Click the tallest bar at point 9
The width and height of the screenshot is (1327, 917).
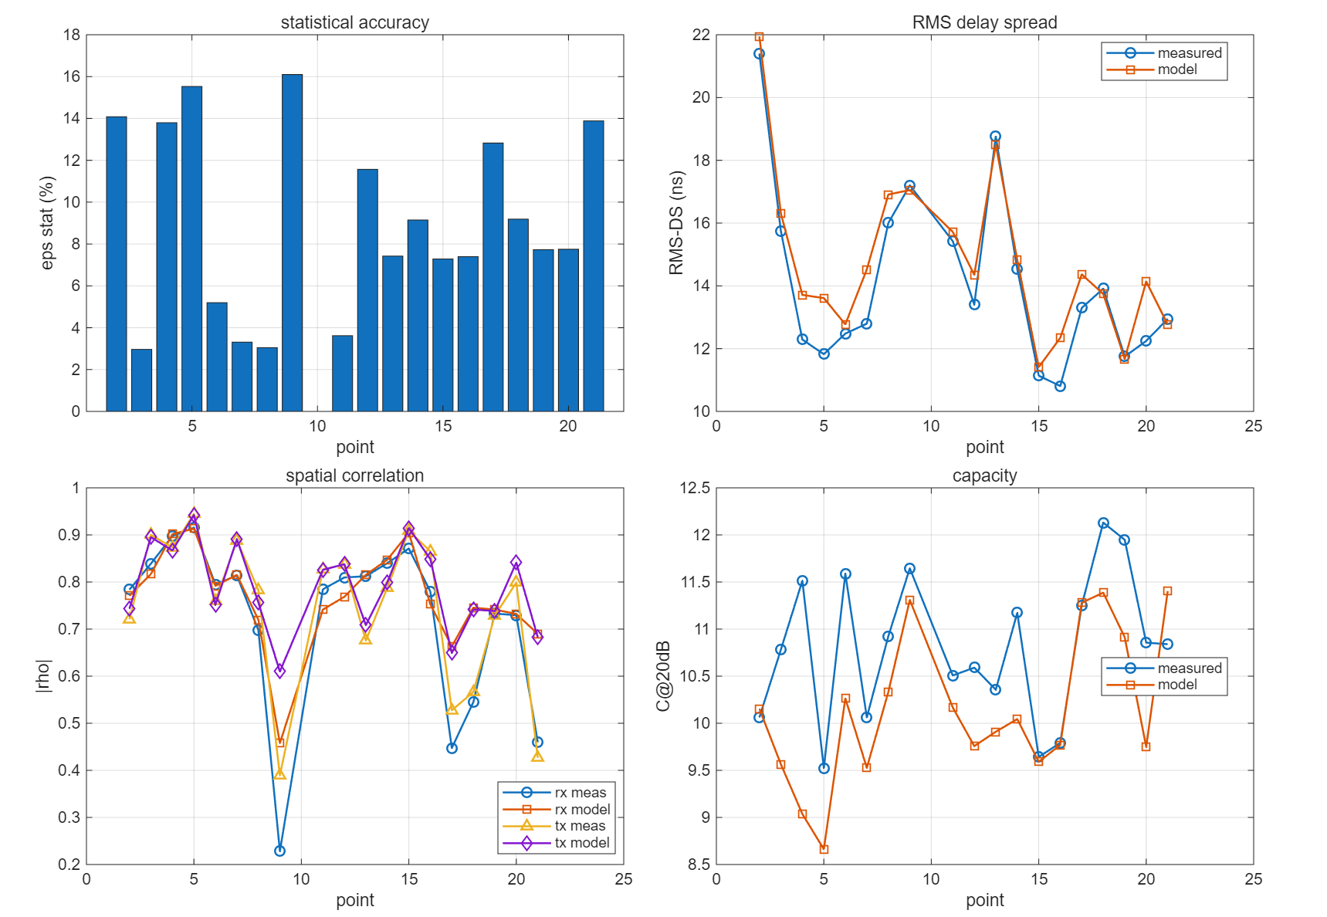(292, 242)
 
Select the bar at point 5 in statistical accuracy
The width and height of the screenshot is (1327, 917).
(191, 249)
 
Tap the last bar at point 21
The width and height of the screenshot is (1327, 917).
(594, 266)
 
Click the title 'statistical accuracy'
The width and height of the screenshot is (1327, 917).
(355, 22)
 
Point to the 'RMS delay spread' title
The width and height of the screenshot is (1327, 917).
(985, 22)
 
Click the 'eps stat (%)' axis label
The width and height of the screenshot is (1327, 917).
(47, 223)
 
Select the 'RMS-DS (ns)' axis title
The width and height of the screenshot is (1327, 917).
(676, 223)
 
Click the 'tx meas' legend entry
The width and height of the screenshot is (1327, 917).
(580, 826)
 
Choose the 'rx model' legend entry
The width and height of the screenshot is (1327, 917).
(582, 809)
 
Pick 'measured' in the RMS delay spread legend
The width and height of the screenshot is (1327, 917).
(1190, 52)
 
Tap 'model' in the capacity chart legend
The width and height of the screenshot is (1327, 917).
(1177, 685)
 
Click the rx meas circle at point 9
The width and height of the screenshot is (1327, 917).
(279, 851)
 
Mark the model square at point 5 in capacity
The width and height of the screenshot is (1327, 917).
(824, 849)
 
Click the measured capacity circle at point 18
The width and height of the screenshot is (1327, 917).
(1103, 523)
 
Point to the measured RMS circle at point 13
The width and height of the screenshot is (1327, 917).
(995, 137)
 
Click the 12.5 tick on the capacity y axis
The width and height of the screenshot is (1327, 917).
(696, 488)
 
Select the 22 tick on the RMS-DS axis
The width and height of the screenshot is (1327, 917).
(701, 35)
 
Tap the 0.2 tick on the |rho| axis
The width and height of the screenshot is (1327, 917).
(70, 865)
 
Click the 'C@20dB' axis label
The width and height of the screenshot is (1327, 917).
(664, 676)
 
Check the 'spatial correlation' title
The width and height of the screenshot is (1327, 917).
(355, 475)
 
